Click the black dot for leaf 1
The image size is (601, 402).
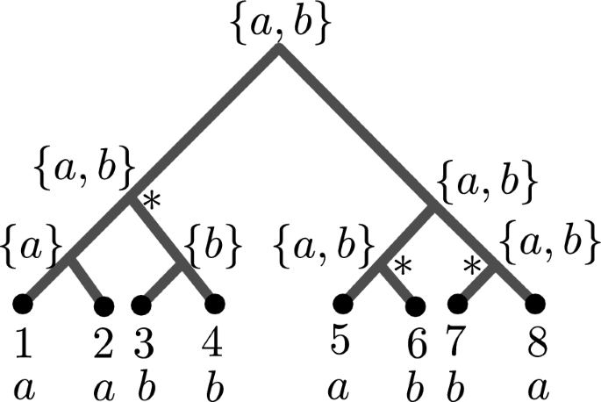click(x=22, y=305)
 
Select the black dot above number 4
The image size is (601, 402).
click(x=214, y=305)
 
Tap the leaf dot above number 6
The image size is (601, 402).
click(x=416, y=305)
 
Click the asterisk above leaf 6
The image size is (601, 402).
click(x=402, y=264)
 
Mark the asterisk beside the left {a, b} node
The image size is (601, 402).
click(x=151, y=203)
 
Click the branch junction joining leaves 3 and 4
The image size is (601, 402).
click(x=182, y=263)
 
